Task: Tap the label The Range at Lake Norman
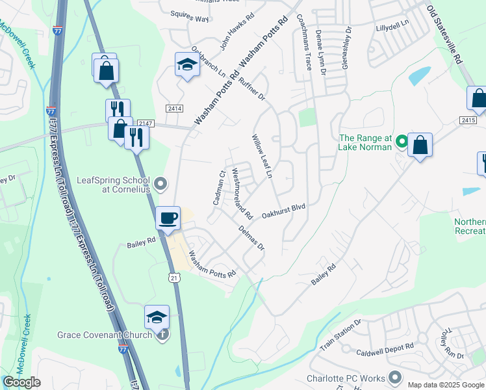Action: [366, 142]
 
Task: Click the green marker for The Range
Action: [402, 140]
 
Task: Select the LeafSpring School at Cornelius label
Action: [114, 185]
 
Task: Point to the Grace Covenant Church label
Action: [104, 335]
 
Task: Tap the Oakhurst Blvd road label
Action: [283, 211]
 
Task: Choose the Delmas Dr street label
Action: [251, 238]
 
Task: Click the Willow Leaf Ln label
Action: [261, 157]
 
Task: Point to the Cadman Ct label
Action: [218, 188]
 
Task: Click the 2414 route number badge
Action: [173, 108]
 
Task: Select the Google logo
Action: [21, 382]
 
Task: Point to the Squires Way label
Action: [190, 18]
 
